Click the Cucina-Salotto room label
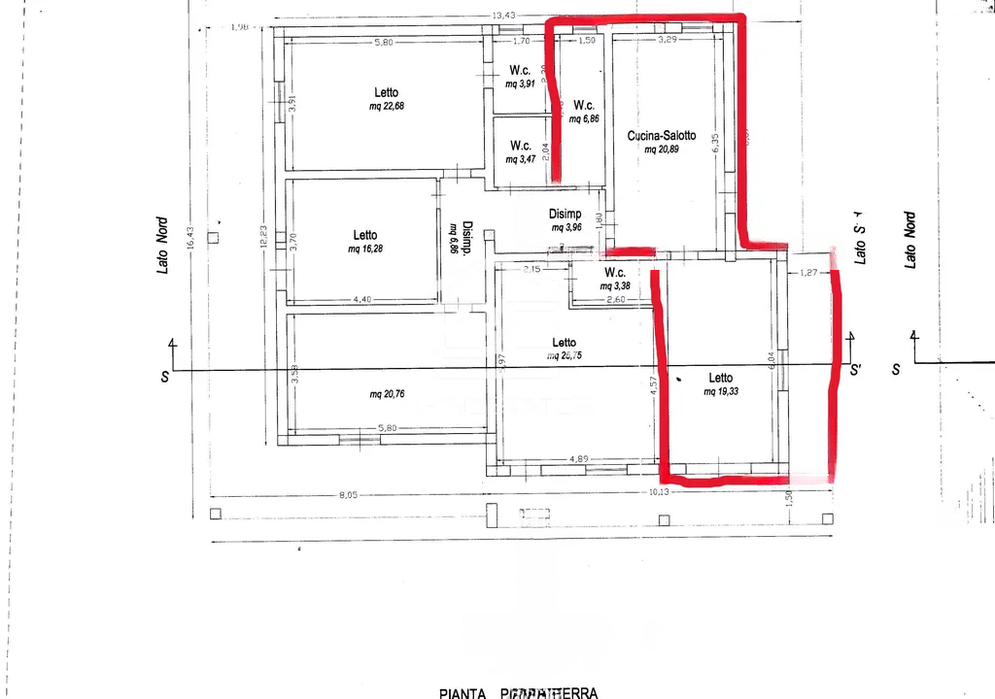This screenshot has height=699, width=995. point(661,136)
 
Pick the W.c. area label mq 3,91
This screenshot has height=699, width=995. point(520,84)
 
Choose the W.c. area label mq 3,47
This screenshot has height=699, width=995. point(520,159)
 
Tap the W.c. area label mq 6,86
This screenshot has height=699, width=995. point(584,118)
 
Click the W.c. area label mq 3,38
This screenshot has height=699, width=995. point(615,286)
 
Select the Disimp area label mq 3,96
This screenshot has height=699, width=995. point(566,228)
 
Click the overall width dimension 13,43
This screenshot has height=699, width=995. point(502,15)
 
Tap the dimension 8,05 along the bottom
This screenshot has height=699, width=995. point(348,495)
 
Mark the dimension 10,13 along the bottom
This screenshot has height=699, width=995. point(659,492)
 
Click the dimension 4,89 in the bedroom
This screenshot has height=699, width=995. point(579,458)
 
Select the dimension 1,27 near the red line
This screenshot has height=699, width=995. point(809,274)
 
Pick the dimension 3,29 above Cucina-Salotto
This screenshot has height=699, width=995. point(667,40)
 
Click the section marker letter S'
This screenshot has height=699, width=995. point(855,370)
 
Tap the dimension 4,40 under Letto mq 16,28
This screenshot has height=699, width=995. point(361,299)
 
